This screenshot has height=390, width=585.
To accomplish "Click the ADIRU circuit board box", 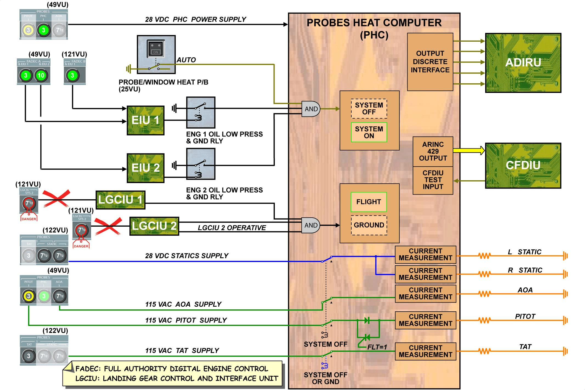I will point(523,63).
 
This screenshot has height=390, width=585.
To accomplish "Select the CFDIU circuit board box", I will point(523,166).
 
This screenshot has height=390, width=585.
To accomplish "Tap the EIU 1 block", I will point(145,120).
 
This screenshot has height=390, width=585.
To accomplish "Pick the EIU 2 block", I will point(145,168).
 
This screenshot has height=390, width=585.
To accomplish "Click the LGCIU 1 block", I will point(120,200).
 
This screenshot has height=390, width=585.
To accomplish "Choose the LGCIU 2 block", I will point(154,226).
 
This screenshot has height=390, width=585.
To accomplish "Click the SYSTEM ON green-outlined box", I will point(369,132).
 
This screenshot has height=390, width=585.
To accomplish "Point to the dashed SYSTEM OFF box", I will point(369,109).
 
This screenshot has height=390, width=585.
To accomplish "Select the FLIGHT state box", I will point(369,202).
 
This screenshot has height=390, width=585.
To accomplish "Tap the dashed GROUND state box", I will point(369,225).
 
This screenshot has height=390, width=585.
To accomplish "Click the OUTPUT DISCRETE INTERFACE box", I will point(430,62).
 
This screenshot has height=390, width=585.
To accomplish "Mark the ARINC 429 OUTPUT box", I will point(433,151).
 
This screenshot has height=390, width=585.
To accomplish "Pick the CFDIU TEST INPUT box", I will point(433,180).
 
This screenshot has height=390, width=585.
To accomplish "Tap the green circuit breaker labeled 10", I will point(41,75).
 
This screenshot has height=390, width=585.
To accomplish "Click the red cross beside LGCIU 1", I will point(56,198).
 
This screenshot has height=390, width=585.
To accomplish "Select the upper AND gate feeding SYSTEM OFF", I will point(311,109).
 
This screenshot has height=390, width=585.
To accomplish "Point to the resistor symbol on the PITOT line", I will point(484,320).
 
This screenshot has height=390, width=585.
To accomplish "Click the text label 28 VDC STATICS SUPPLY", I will point(186,256).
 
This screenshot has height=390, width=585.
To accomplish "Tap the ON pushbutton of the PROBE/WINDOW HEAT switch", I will point(156,49).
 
